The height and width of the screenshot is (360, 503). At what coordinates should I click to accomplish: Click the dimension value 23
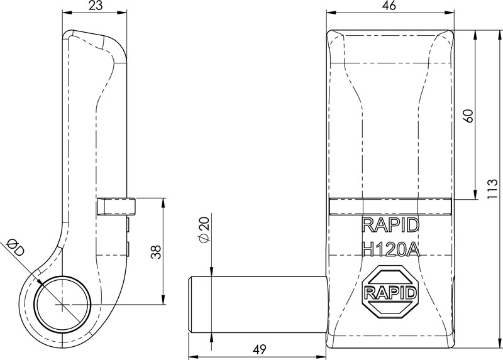(96, 6)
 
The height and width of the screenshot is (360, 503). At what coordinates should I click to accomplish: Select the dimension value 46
(389, 6)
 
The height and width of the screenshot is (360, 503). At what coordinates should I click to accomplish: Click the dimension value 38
(157, 251)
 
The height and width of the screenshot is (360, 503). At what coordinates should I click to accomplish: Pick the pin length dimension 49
(258, 349)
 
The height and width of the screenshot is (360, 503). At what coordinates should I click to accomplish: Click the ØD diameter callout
(15, 247)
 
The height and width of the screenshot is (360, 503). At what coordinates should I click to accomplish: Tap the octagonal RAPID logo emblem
(390, 293)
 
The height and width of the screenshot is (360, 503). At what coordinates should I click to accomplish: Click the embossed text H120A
(390, 249)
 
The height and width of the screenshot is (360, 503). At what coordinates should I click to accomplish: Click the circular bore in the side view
(63, 305)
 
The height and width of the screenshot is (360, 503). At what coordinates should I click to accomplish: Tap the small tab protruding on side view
(116, 206)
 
